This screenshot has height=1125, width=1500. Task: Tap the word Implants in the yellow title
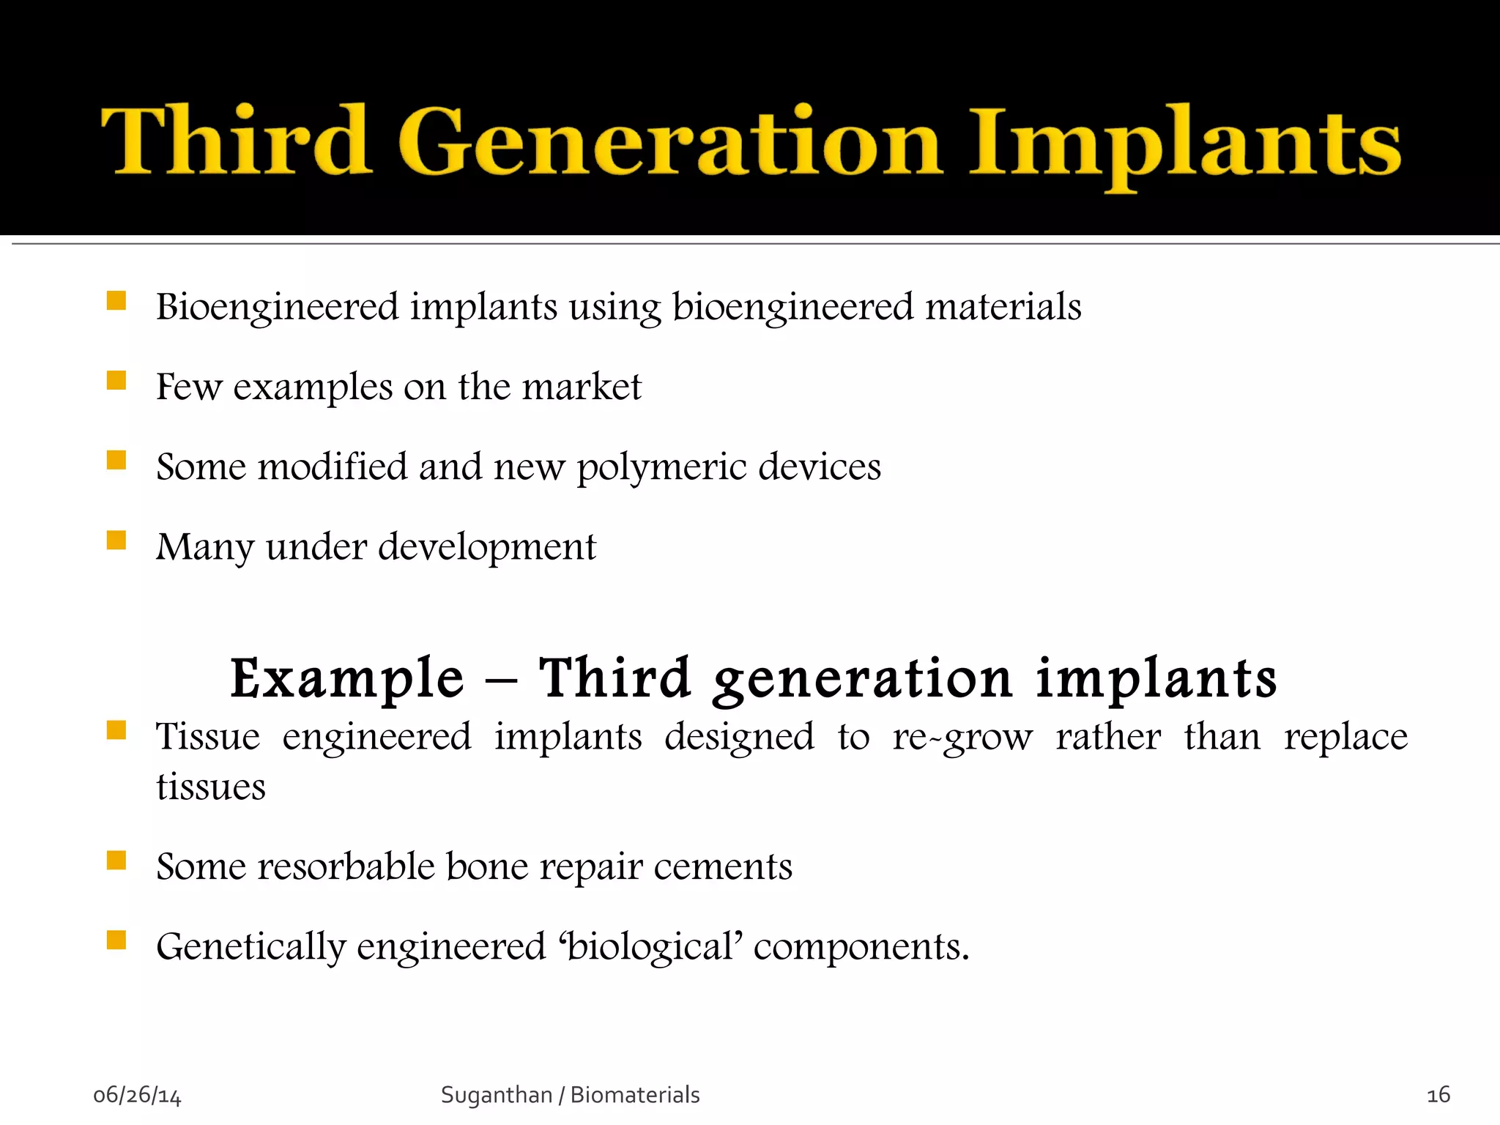point(1184,143)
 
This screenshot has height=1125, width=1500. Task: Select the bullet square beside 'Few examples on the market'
point(116,380)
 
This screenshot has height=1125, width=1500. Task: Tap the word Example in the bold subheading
point(347,678)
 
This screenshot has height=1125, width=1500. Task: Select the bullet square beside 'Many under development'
point(116,541)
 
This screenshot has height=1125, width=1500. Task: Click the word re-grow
point(962,737)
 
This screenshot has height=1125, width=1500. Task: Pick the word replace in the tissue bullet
point(1345,737)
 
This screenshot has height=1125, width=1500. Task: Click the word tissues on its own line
point(211,787)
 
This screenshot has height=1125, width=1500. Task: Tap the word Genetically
point(250,947)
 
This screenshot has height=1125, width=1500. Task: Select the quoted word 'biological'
point(650,947)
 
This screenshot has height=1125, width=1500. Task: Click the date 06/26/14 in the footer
point(137,1095)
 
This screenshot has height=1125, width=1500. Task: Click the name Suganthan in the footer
point(496,1095)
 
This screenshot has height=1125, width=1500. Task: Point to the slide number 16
point(1438,1095)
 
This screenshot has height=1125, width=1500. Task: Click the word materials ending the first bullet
point(1003,306)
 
